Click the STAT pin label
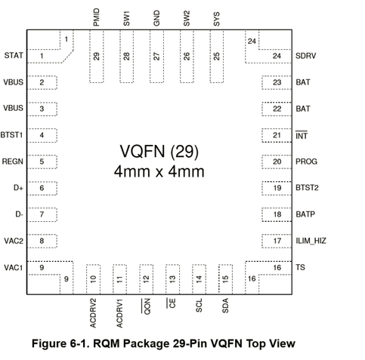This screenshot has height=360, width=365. [x=14, y=55]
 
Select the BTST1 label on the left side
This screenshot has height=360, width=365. [x=11, y=135]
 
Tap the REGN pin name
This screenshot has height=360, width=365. [x=13, y=162]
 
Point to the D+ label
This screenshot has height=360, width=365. [x=18, y=188]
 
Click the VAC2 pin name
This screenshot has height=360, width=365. [x=14, y=241]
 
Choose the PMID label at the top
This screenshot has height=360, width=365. [x=97, y=17]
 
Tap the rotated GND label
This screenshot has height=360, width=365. [x=156, y=18]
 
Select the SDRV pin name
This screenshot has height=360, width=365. [x=305, y=56]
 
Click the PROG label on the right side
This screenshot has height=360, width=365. [x=306, y=162]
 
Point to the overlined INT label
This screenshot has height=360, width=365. [x=302, y=135]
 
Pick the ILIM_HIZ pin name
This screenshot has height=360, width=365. [x=311, y=241]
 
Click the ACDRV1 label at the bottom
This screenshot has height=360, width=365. [x=120, y=313]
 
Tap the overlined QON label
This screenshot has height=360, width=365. [x=146, y=306]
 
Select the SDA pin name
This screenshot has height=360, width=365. [x=225, y=306]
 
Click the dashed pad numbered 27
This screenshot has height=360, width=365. [x=156, y=57]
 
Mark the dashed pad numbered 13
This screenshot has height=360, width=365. [x=172, y=279]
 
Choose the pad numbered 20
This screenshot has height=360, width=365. [x=277, y=162]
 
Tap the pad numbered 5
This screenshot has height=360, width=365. [x=42, y=162]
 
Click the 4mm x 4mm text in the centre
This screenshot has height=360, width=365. [x=159, y=172]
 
